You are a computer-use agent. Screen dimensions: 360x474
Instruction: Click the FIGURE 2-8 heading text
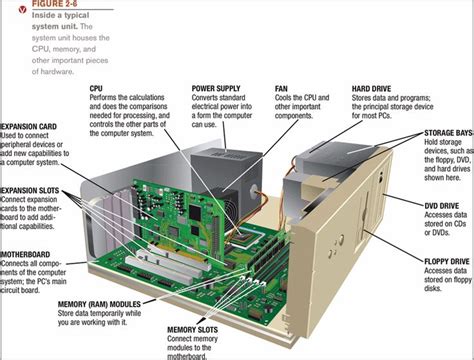click(x=41, y=4)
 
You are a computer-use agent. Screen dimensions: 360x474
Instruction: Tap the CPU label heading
click(x=97, y=89)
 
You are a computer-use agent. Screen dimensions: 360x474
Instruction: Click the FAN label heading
click(x=282, y=89)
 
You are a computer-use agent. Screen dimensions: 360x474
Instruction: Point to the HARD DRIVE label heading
click(x=372, y=89)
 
